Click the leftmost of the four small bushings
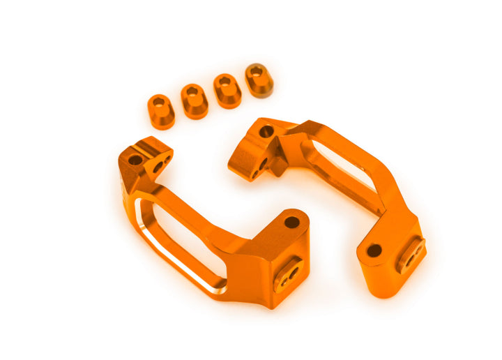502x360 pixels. point(161,111)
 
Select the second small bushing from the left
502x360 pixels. point(195,101)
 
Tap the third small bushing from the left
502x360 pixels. point(227,91)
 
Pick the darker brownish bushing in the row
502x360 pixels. point(259,80)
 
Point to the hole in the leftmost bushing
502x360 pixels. point(160,102)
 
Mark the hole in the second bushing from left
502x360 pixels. point(192,91)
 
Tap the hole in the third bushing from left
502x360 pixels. point(225,81)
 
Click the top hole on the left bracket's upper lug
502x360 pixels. point(135,160)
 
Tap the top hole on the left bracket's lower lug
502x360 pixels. point(291,223)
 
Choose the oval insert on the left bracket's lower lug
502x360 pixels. point(287,273)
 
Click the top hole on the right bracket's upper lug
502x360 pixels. point(266,130)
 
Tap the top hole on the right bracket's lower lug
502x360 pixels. point(374,250)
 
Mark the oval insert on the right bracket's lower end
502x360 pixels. point(411,255)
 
